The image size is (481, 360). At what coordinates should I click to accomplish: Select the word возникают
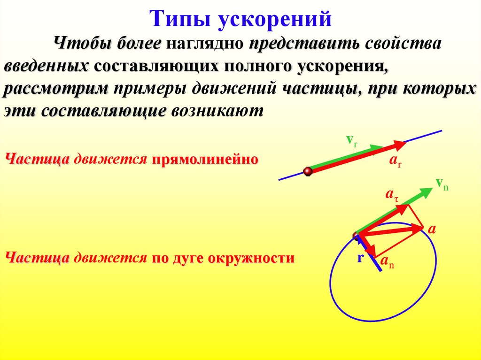[217, 111]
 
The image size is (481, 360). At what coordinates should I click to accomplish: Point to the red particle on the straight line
[308, 171]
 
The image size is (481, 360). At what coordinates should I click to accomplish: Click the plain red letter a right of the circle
[432, 229]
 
